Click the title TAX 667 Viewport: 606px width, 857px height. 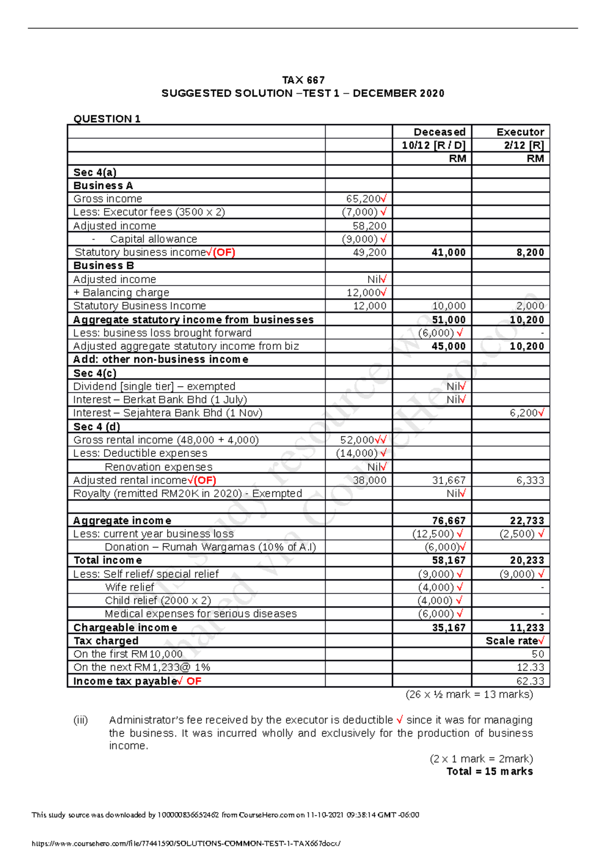[x=303, y=80]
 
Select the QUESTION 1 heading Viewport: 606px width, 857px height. [x=107, y=119]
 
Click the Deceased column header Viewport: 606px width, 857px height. [x=439, y=132]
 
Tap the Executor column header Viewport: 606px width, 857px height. [x=520, y=132]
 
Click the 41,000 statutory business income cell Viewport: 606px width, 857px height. [x=448, y=252]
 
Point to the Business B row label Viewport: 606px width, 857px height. [x=104, y=265]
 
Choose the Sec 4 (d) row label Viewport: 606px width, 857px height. [x=96, y=426]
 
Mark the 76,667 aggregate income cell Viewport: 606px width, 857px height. [x=448, y=520]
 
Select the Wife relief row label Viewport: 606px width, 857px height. [x=130, y=587]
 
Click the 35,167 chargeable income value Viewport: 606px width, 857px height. [x=448, y=627]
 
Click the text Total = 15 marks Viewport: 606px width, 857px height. [x=489, y=771]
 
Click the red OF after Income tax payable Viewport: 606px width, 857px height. [x=194, y=681]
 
